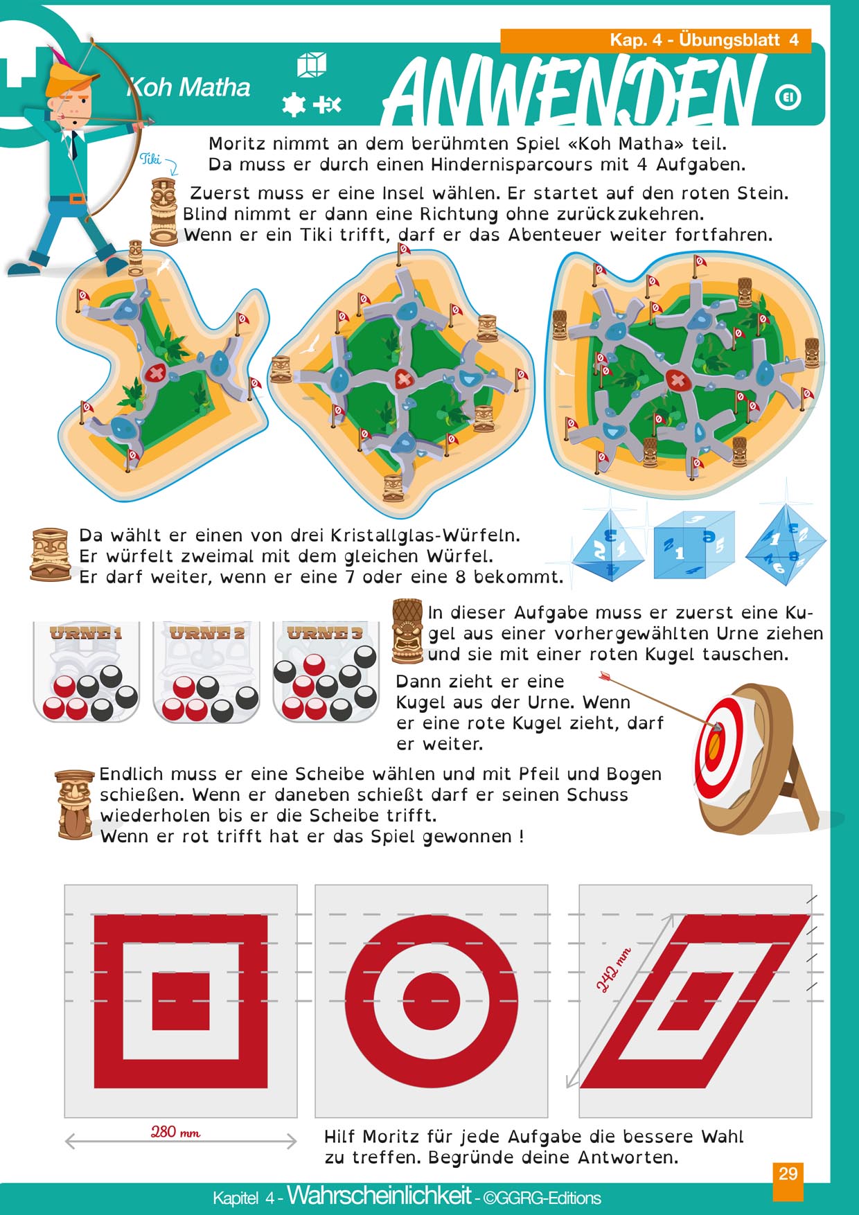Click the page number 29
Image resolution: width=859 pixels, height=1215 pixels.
pos(788,1173)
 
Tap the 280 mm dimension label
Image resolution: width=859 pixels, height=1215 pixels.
pos(175,1132)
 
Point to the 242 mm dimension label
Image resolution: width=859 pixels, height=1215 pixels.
pos(614,970)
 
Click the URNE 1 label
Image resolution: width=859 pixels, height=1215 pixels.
pos(86,632)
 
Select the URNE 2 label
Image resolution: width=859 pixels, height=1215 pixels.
pos(207,632)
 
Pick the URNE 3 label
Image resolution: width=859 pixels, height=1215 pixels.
pos(325,632)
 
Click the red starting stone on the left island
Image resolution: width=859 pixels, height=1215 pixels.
pos(154,373)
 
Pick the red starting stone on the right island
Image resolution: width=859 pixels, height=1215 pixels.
pos(675,380)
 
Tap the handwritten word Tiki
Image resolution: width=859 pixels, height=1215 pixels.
pos(150,159)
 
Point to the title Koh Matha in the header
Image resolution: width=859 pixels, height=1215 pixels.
pos(188,87)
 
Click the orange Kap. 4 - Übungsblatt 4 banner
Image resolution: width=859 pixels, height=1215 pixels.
pos(655,40)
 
